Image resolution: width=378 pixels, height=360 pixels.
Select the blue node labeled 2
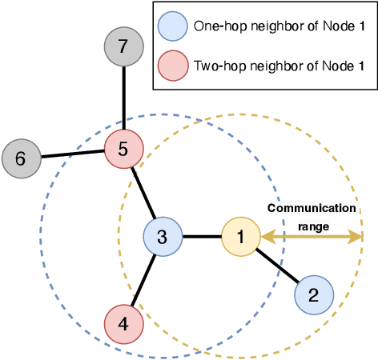coord(314,294)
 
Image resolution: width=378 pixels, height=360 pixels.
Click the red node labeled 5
coord(123,148)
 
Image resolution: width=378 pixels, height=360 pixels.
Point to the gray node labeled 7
coord(123,47)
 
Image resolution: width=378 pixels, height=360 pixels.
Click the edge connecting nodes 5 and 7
coord(123,98)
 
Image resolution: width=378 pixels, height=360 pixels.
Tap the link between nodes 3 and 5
coord(143,192)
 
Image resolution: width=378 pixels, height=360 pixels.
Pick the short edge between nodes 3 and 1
coord(202,237)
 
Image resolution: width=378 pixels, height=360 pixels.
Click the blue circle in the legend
coord(173,26)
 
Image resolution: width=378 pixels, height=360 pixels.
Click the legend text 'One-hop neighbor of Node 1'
coord(278,26)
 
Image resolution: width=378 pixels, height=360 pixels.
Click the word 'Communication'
coord(311,208)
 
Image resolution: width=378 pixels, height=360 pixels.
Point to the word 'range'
coord(312,226)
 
